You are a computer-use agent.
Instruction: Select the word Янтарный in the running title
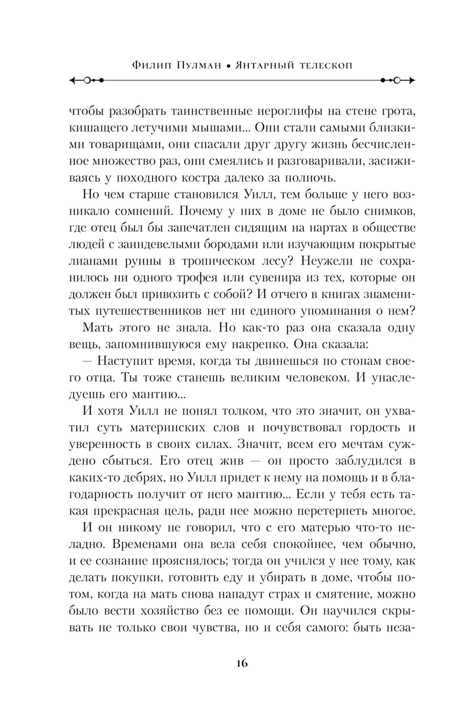(x=264, y=66)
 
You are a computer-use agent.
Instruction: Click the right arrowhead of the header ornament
(x=411, y=80)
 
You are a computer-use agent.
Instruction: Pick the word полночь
(x=310, y=178)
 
